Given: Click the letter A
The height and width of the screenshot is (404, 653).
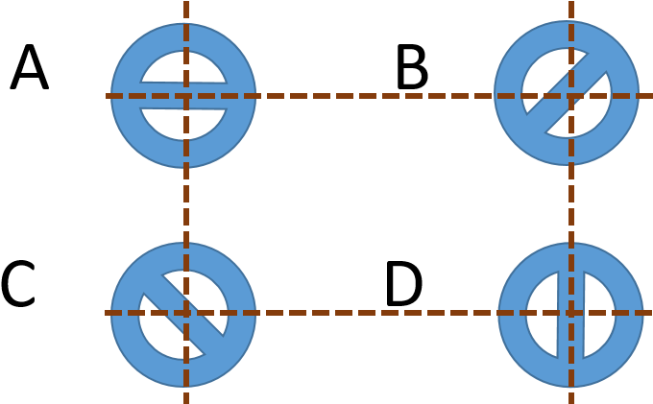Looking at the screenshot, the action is point(29,67).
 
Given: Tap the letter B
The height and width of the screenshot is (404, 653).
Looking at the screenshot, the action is point(413,68).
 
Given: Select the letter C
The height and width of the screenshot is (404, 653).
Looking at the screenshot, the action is point(18,284).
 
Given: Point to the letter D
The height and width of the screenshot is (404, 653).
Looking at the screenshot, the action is point(404,284).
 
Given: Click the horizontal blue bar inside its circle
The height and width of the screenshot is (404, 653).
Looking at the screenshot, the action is point(183,96).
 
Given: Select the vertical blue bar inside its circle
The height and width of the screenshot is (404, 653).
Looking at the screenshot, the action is point(570,315).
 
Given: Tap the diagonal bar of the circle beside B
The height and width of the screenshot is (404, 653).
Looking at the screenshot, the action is point(567,93).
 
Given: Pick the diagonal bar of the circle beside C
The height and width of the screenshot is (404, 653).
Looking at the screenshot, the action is point(183,315).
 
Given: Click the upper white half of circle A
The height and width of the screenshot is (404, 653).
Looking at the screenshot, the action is point(183,66).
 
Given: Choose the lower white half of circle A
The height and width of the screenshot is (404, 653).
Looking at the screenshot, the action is point(183,124).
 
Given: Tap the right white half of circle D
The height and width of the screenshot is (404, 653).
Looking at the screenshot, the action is point(599,315).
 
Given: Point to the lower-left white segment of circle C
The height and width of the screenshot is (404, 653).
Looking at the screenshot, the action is point(164,334).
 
